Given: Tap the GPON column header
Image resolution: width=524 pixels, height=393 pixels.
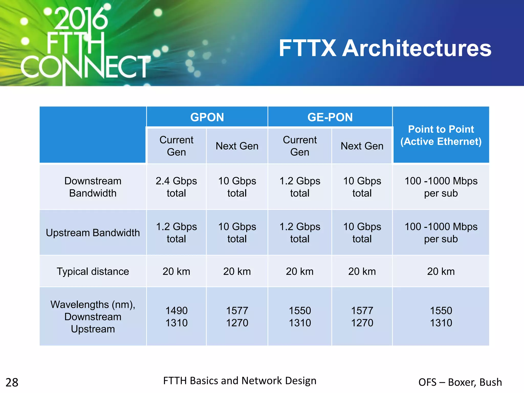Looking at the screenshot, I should (207, 117).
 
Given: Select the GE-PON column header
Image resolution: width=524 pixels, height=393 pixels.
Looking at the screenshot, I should (330, 117).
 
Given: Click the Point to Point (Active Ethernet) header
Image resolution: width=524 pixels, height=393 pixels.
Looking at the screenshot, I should (441, 135).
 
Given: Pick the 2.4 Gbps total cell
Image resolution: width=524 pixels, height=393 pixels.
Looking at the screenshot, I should (176, 187).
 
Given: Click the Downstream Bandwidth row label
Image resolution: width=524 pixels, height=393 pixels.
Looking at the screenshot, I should (93, 187).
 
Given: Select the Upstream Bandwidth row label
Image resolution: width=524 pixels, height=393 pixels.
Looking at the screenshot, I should (93, 233).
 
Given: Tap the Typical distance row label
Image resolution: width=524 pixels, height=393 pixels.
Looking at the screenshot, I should (93, 271).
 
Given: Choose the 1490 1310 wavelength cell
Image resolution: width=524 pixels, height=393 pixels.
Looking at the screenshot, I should (176, 317).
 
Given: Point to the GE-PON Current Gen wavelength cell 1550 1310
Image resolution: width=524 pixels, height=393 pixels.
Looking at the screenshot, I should (300, 317).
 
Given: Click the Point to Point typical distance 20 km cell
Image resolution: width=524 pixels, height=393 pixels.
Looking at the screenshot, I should (441, 271).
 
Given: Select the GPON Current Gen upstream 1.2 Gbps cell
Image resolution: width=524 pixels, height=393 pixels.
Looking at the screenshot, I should (176, 233).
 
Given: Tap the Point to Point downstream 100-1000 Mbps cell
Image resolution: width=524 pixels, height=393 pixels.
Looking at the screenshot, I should (441, 187).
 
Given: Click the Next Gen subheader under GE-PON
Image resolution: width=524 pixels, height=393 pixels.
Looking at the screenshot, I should (362, 146).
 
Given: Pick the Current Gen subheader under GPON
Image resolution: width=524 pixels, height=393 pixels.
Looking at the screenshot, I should (176, 146).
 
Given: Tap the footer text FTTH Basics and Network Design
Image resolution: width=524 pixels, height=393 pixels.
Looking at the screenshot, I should (240, 381).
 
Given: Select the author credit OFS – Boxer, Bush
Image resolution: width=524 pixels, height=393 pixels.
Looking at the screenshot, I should (460, 382).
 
